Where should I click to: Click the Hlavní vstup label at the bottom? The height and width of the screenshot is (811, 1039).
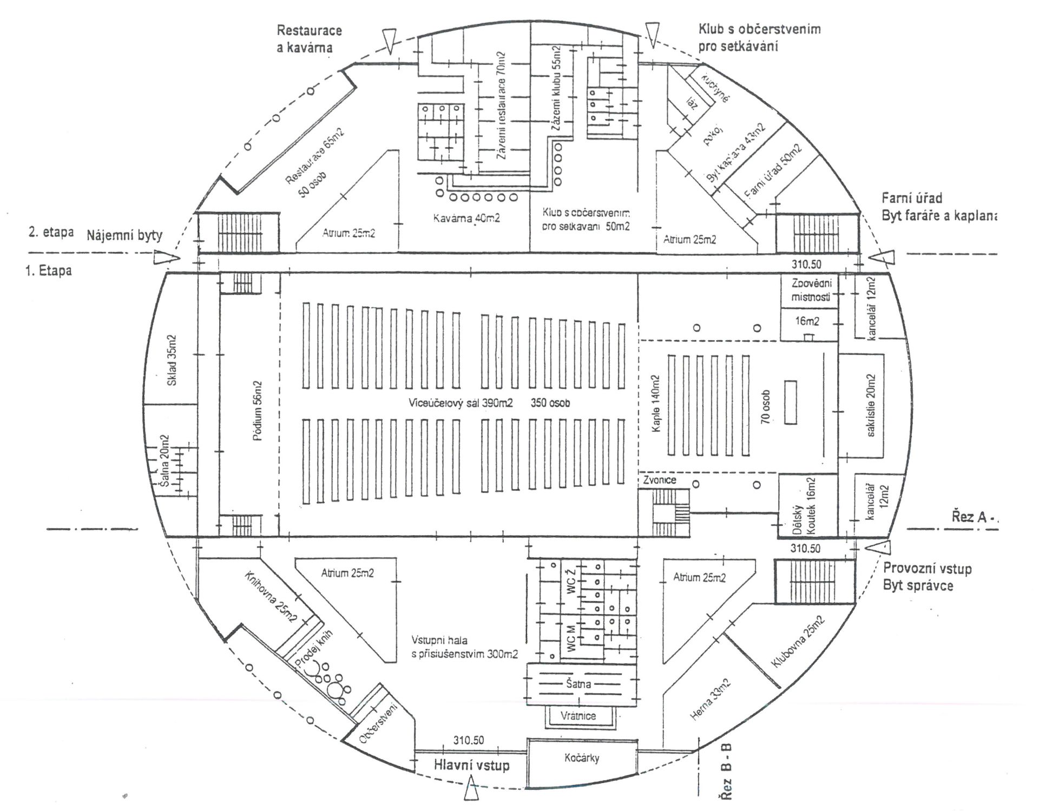[471, 765]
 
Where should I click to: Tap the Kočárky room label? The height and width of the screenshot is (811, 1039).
[581, 757]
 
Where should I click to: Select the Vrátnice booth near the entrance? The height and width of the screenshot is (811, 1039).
[578, 716]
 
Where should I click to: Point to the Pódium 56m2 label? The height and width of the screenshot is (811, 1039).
[258, 411]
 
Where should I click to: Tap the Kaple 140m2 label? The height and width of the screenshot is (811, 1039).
[656, 403]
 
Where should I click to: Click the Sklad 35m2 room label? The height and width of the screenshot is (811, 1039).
[172, 360]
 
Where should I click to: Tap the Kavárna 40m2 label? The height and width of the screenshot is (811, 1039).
[466, 219]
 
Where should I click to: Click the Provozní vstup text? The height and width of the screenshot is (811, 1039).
[927, 569]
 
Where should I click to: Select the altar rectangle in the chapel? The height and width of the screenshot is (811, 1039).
[791, 403]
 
